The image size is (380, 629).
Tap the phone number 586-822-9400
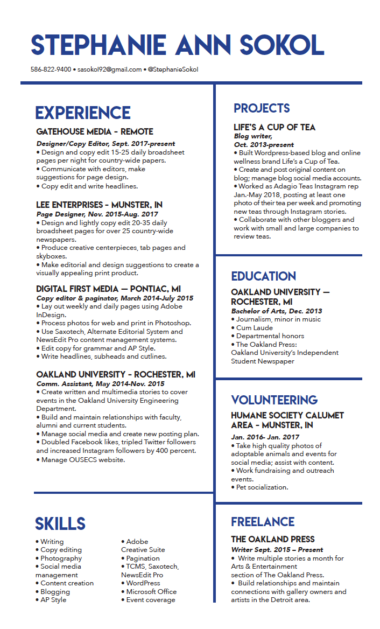(x=51, y=69)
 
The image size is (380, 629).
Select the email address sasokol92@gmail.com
(x=109, y=69)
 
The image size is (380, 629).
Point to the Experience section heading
(x=83, y=113)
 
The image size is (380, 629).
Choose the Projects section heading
(x=262, y=108)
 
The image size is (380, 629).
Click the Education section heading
(x=264, y=276)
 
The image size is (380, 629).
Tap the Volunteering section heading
(x=275, y=400)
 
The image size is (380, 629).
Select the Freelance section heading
(x=263, y=522)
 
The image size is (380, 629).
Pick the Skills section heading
(x=60, y=524)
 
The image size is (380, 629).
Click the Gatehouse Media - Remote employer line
(x=95, y=132)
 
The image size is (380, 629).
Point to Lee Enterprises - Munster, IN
(x=100, y=205)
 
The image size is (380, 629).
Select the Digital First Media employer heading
(x=109, y=289)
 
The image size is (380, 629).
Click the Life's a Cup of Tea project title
(x=275, y=128)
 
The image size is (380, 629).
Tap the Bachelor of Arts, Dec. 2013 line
(x=277, y=311)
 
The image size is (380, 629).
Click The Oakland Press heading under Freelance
(x=273, y=539)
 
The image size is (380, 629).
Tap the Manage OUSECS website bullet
(x=81, y=459)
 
